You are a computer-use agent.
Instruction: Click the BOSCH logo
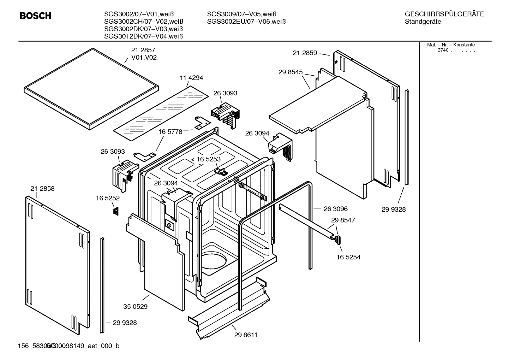pyautogui.click(x=35, y=16)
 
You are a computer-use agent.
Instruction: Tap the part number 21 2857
pyautogui.click(x=143, y=50)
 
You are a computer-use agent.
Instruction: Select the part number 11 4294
pyautogui.click(x=192, y=78)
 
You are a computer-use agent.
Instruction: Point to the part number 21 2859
pyautogui.click(x=305, y=53)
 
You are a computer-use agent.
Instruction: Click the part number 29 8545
pyautogui.click(x=291, y=72)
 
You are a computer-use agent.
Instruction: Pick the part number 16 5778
pyautogui.click(x=170, y=132)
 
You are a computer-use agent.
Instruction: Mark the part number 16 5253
pyautogui.click(x=208, y=159)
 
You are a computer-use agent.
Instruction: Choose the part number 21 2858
pyautogui.click(x=42, y=189)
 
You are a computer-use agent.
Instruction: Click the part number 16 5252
pyautogui.click(x=108, y=199)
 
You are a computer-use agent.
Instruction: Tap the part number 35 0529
pyautogui.click(x=135, y=307)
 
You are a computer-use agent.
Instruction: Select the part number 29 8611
pyautogui.click(x=246, y=335)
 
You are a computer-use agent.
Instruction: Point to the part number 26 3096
pyautogui.click(x=335, y=209)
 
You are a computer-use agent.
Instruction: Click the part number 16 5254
pyautogui.click(x=348, y=257)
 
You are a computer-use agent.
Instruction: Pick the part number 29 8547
pyautogui.click(x=343, y=220)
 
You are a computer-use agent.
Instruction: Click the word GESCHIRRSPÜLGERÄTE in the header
pyautogui.click(x=444, y=14)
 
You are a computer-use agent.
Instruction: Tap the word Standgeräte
pyautogui.click(x=423, y=22)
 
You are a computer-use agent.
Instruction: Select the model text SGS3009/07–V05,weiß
pyautogui.click(x=241, y=14)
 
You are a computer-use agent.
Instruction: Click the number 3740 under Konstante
pyautogui.click(x=443, y=50)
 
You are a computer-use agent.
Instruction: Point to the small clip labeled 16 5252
pyautogui.click(x=115, y=211)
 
